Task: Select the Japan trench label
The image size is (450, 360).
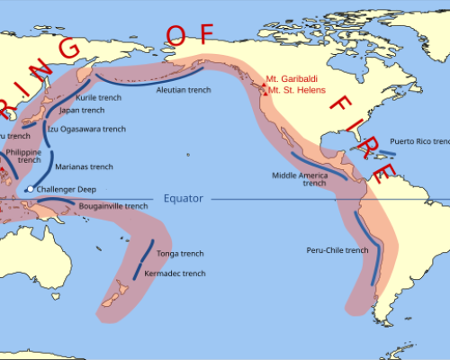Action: pyautogui.click(x=81, y=110)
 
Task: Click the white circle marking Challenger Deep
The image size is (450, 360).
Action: pyautogui.click(x=31, y=189)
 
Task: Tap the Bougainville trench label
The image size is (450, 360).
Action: pyautogui.click(x=112, y=206)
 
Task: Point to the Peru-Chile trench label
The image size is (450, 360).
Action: pyautogui.click(x=337, y=249)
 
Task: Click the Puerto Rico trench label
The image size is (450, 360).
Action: pyautogui.click(x=419, y=141)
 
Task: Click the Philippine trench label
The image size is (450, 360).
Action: pyautogui.click(x=22, y=156)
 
